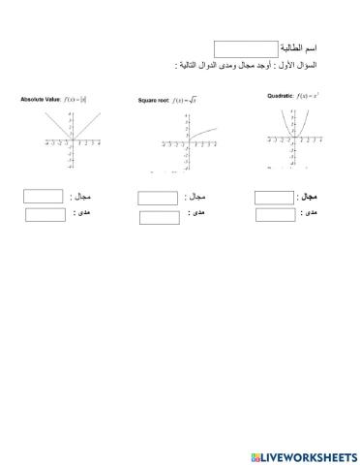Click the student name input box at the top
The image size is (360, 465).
pyautogui.click(x=245, y=48)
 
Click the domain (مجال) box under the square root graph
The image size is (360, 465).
pyautogui.click(x=158, y=199)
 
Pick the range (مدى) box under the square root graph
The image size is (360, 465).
pyautogui.click(x=160, y=217)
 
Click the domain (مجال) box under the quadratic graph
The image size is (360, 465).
pyautogui.click(x=275, y=198)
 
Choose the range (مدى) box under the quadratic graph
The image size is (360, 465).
pyautogui.click(x=276, y=215)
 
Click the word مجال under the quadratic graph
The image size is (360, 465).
pyautogui.click(x=312, y=197)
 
